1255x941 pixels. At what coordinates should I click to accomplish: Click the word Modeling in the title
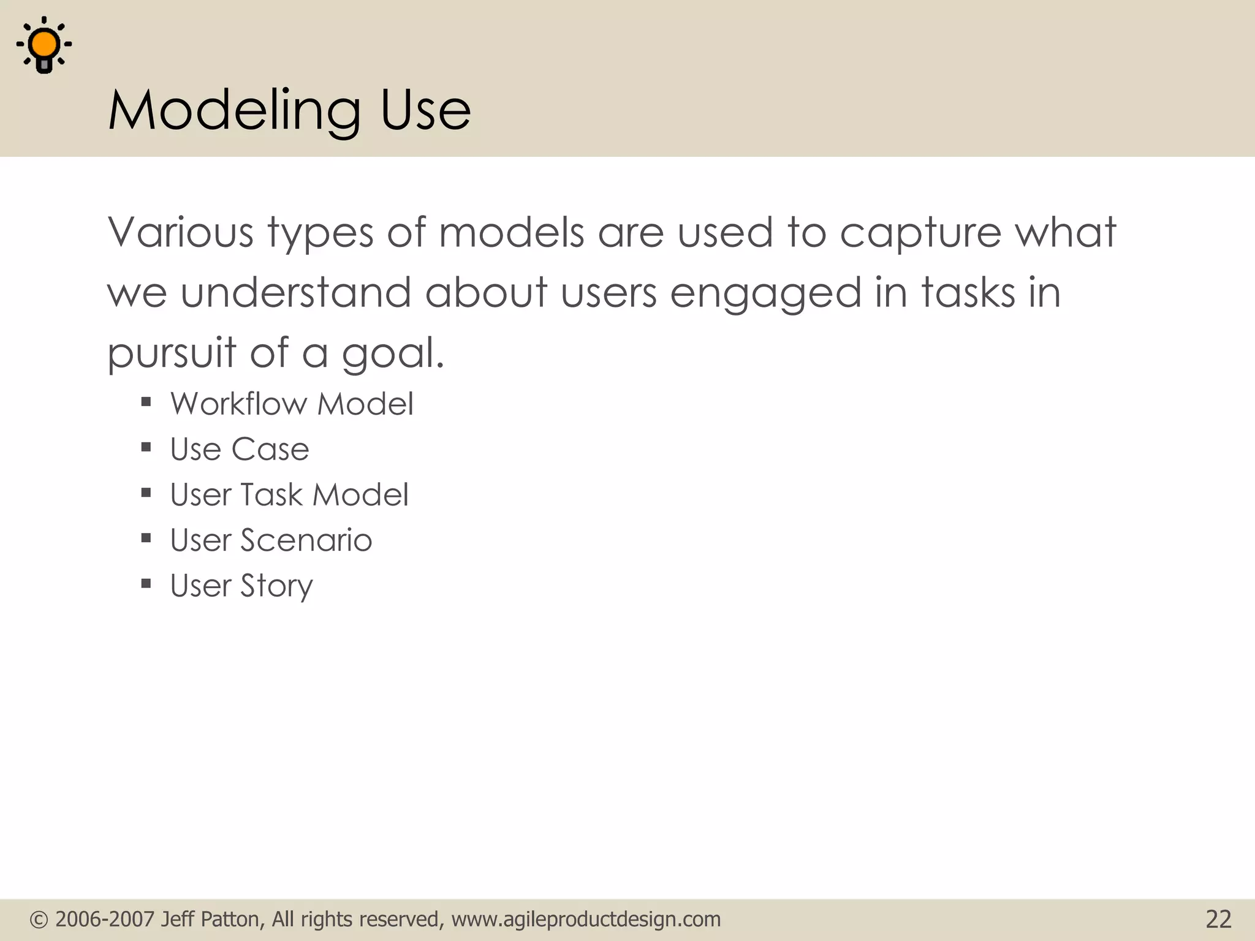(235, 111)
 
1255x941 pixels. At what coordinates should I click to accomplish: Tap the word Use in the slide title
(425, 111)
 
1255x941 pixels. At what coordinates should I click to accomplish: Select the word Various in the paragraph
(180, 233)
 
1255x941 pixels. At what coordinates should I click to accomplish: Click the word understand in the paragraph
(295, 292)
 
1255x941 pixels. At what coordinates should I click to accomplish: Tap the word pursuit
(172, 353)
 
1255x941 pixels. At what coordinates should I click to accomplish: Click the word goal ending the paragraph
(392, 354)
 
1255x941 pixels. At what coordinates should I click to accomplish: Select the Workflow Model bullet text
(292, 404)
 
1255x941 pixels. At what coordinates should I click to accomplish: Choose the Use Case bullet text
(240, 450)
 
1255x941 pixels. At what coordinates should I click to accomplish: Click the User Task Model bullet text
(289, 495)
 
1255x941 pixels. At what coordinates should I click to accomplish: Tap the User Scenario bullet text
(271, 540)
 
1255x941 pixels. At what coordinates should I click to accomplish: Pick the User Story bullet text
(241, 586)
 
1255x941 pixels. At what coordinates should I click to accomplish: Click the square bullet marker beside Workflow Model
(146, 402)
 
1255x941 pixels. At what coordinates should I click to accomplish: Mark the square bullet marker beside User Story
(146, 584)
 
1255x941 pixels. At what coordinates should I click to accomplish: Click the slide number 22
(1218, 920)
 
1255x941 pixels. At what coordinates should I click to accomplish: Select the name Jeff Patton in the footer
(213, 920)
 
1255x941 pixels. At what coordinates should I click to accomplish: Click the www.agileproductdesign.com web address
(586, 920)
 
